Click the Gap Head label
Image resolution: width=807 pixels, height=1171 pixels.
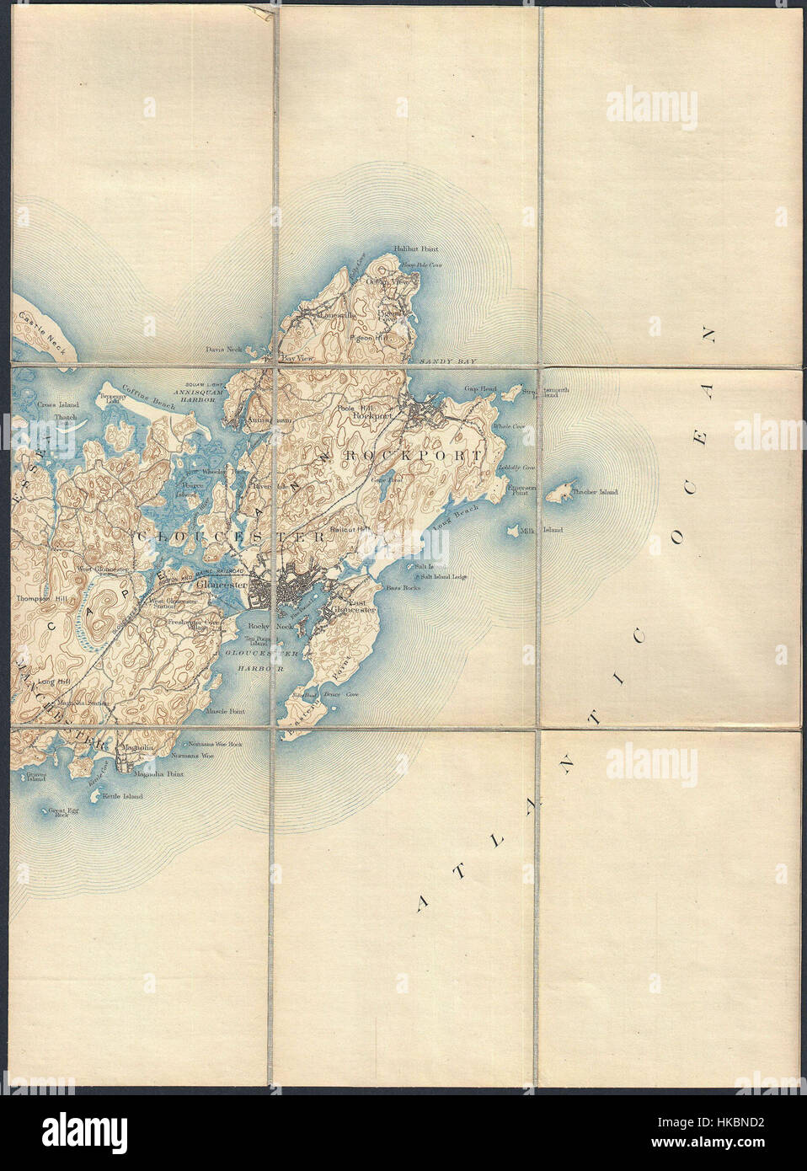pos(483,388)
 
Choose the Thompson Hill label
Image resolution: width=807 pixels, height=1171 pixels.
pos(35,598)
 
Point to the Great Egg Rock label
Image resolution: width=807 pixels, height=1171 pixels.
pos(61,812)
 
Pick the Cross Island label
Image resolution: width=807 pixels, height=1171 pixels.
pos(55,404)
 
